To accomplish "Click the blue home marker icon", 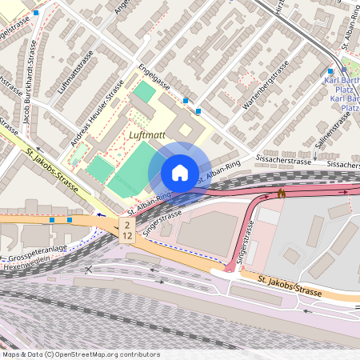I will click(180, 172).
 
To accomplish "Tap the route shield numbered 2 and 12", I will click(127, 231).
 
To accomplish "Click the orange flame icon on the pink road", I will click(281, 193).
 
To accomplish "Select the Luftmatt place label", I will click(146, 135).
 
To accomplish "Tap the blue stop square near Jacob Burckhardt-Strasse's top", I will click(35, 13).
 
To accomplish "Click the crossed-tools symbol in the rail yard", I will click(88, 269).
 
